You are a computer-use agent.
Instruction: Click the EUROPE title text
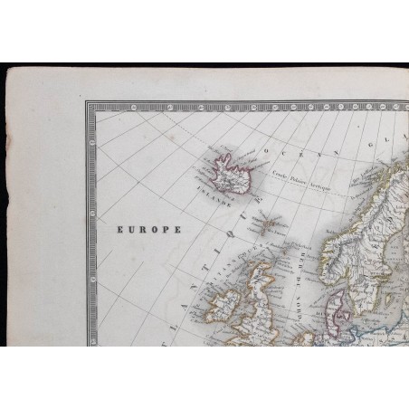(146, 230)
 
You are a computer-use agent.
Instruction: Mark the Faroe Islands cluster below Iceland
(265, 222)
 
